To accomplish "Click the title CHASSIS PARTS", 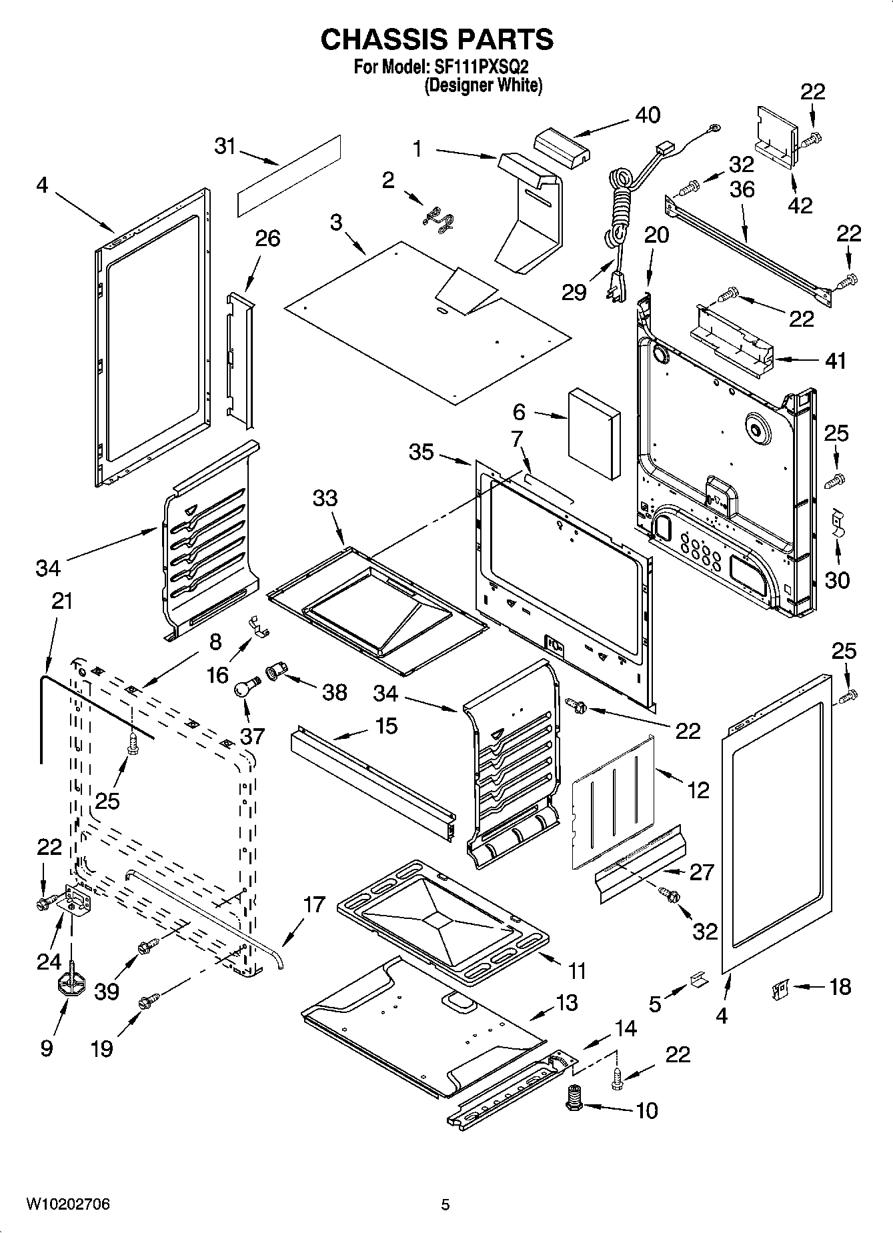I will pyautogui.click(x=437, y=39).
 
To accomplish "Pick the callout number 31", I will pyautogui.click(x=225, y=145).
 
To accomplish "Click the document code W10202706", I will pyautogui.click(x=68, y=1204).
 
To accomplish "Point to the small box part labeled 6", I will pyautogui.click(x=594, y=433).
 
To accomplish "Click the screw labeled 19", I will pyautogui.click(x=147, y=1002).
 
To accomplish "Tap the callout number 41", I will pyautogui.click(x=835, y=361).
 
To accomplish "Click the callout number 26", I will pyautogui.click(x=268, y=238).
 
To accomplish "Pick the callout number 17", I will pyautogui.click(x=313, y=905).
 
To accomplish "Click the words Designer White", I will pyautogui.click(x=484, y=85).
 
